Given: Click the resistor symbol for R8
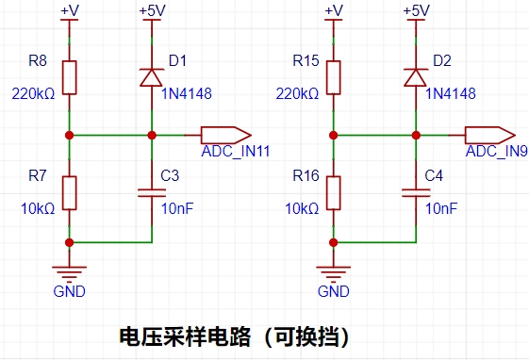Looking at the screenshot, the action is pos(69,77).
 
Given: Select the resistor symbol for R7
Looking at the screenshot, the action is pos(69,193).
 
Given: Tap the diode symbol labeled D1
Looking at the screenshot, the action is pos(152,78).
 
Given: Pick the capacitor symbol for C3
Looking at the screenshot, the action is pos(152,193).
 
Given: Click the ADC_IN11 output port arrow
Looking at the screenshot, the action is pos(226,135).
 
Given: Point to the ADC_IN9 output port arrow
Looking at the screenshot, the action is pos(490,135).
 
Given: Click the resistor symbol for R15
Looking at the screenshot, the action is pos(333,77).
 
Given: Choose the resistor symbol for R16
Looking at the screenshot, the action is pos(333,193).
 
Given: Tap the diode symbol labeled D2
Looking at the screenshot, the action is pos(416,78).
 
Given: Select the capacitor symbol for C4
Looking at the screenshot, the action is pos(416,193).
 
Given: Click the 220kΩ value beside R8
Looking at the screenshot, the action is pos(33,93).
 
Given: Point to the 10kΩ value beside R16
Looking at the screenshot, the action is pos(302,209).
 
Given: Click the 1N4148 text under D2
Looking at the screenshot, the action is pos(451,93).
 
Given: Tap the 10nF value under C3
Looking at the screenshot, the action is pos(177,209).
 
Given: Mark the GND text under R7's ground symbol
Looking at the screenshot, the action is pos(69,291).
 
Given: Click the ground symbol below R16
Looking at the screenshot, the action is pos(333,273).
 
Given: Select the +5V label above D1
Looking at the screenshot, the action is pos(153,10).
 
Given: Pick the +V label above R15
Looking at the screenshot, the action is pos(334,10).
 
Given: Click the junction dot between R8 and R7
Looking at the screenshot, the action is pos(69,135).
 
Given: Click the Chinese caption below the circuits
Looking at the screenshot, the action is pos(235,336).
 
